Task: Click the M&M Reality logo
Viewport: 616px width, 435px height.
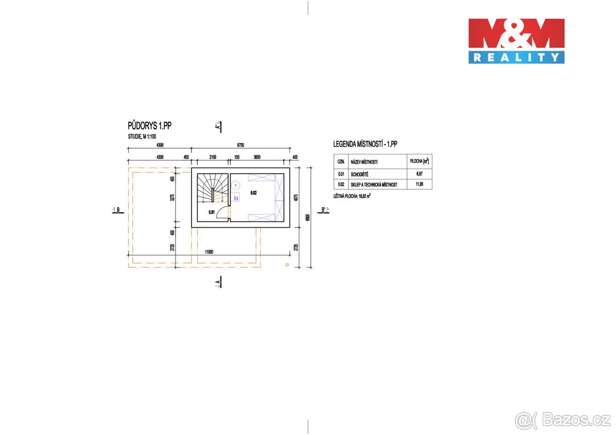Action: click(516, 41)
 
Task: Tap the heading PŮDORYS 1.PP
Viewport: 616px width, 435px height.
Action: click(149, 126)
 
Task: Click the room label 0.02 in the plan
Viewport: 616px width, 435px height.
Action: click(253, 193)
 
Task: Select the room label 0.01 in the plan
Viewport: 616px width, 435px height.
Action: click(211, 212)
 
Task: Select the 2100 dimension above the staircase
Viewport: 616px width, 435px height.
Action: click(212, 156)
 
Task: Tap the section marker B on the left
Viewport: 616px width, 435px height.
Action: click(117, 210)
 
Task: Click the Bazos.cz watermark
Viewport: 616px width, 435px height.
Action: click(563, 420)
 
